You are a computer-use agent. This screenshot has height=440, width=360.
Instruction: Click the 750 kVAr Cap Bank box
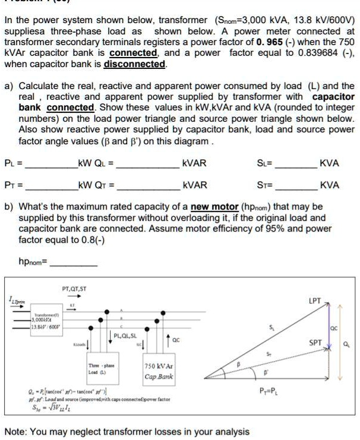158,372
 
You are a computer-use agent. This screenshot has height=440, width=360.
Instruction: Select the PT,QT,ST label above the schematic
74,289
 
